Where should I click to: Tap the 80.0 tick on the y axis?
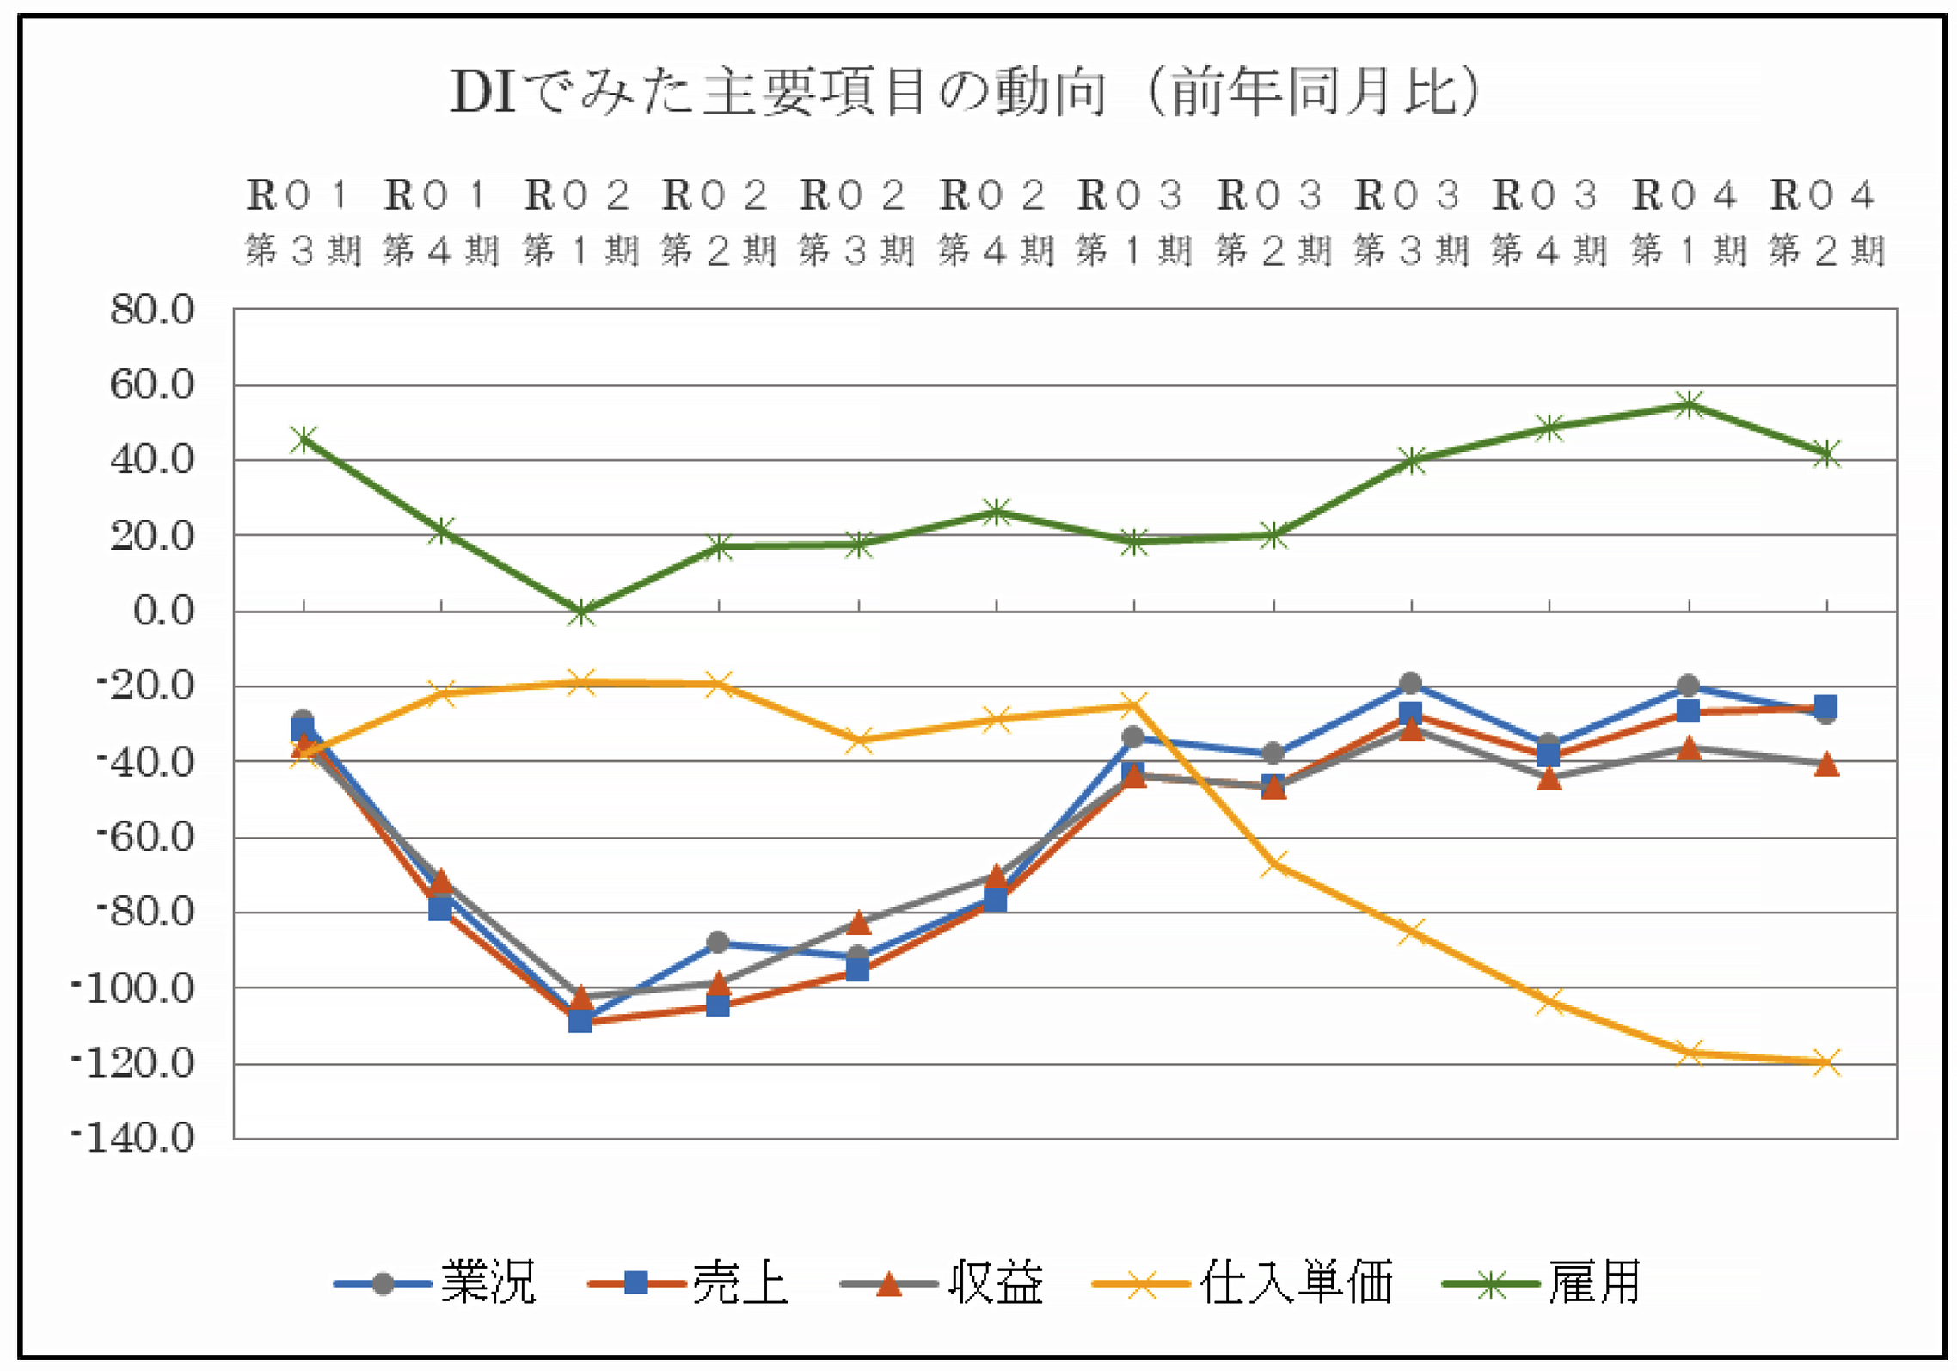152,310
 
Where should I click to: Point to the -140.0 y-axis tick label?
134,1139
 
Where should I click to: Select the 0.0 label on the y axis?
163,611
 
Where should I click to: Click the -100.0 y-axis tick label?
134,988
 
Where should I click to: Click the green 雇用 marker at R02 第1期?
581,613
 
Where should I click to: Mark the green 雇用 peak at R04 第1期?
1689,404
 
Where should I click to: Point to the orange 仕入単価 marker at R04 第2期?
1826,1061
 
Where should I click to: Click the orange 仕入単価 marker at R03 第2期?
1273,864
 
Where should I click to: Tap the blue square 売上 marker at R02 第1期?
580,1021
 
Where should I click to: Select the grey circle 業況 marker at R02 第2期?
718,943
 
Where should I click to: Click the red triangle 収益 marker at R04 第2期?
1826,764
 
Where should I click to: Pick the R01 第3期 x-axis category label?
303,222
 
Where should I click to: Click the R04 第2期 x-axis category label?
1826,222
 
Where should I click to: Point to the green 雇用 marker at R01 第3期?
304,440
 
